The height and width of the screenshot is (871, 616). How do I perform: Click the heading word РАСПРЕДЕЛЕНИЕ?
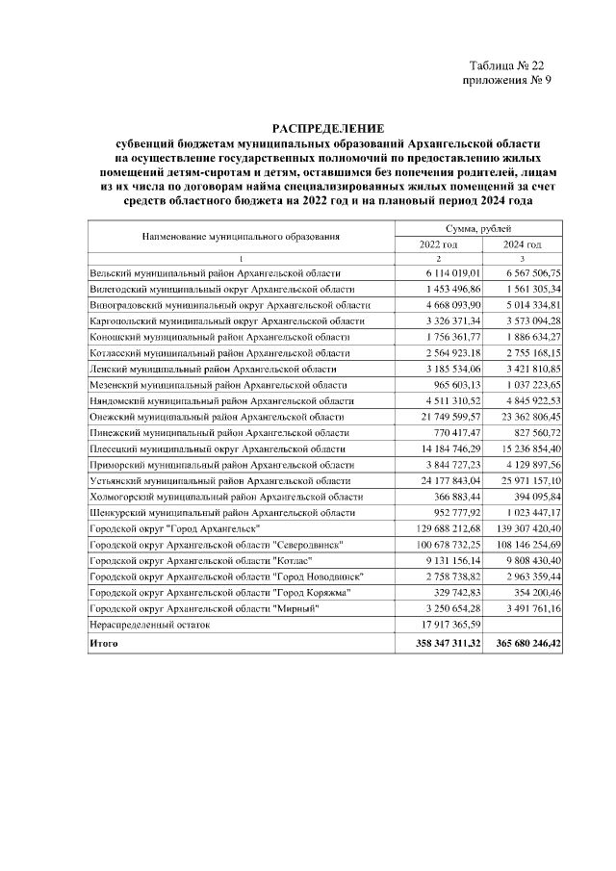[x=327, y=128]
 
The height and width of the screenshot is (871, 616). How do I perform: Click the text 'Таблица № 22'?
[x=506, y=65]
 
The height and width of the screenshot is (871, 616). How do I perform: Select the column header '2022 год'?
[x=438, y=244]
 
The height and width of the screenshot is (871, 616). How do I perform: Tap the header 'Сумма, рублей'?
[x=480, y=227]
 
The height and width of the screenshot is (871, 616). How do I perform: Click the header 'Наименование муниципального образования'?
[x=242, y=236]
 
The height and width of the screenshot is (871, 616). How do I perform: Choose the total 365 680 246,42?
[x=520, y=643]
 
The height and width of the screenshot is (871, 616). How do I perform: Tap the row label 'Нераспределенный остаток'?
[x=148, y=624]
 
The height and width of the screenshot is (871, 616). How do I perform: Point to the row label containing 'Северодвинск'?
[x=218, y=545]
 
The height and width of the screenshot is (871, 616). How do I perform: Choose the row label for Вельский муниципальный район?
[x=208, y=273]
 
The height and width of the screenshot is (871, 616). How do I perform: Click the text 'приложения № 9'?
[x=507, y=81]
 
